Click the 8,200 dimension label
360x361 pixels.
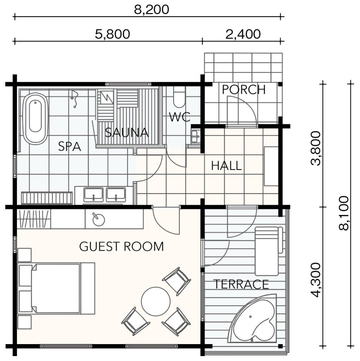(151, 10)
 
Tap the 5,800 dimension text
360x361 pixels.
(113, 34)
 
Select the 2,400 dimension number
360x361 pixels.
(243, 34)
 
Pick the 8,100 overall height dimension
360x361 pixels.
(344, 213)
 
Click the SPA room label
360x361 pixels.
(70, 146)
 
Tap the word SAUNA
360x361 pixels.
(127, 133)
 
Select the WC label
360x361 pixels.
(180, 117)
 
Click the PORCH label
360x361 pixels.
(244, 90)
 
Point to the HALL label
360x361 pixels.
(226, 166)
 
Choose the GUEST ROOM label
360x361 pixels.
(121, 246)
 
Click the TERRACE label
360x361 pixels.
(241, 284)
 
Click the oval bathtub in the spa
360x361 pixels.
(36, 118)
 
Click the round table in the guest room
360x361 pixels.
(156, 301)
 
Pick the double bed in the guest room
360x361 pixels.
(56, 288)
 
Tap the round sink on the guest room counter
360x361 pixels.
(98, 220)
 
